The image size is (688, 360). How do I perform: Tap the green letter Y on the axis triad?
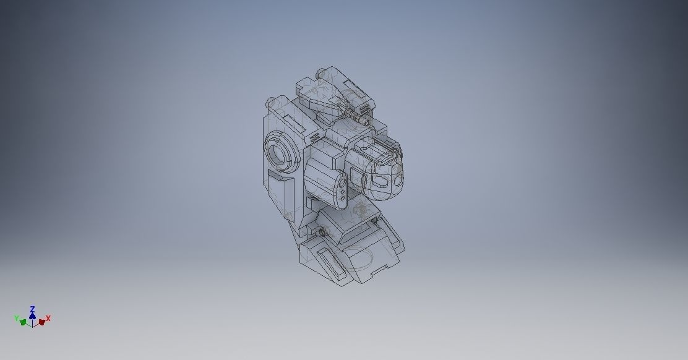(x=17, y=318)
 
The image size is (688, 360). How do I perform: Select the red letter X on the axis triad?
(x=48, y=318)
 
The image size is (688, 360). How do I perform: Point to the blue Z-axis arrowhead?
(x=32, y=315)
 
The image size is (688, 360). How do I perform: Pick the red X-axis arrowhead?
(x=41, y=322)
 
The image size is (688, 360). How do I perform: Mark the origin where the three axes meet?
(x=32, y=324)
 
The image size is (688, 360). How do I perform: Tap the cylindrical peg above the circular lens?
(x=271, y=102)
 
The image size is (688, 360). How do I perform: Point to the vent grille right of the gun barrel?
(x=368, y=109)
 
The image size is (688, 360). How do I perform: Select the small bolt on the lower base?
(x=323, y=233)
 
